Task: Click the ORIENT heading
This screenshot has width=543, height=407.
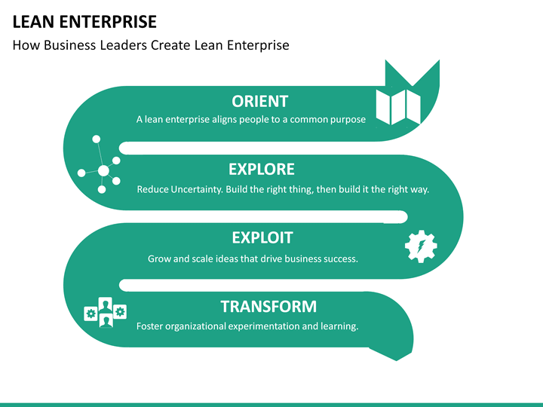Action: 259,102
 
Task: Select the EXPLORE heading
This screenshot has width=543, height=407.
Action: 262,170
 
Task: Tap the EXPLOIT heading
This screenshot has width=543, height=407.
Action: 262,237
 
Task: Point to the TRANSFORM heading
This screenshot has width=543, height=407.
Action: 268,306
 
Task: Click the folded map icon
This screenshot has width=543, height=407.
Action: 398,106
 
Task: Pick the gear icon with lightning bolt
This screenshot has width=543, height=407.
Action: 421,246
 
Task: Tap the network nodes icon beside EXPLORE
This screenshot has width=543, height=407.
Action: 99,164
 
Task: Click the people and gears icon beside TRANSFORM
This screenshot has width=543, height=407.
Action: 106,313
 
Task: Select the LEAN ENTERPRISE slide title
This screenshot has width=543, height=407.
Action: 84,22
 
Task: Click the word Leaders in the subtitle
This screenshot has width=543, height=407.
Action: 123,45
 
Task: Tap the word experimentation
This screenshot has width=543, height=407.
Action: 263,326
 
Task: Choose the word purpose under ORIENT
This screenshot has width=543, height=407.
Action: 348,120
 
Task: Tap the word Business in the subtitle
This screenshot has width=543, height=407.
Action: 69,45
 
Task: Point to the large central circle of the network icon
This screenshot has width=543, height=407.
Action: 103,170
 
